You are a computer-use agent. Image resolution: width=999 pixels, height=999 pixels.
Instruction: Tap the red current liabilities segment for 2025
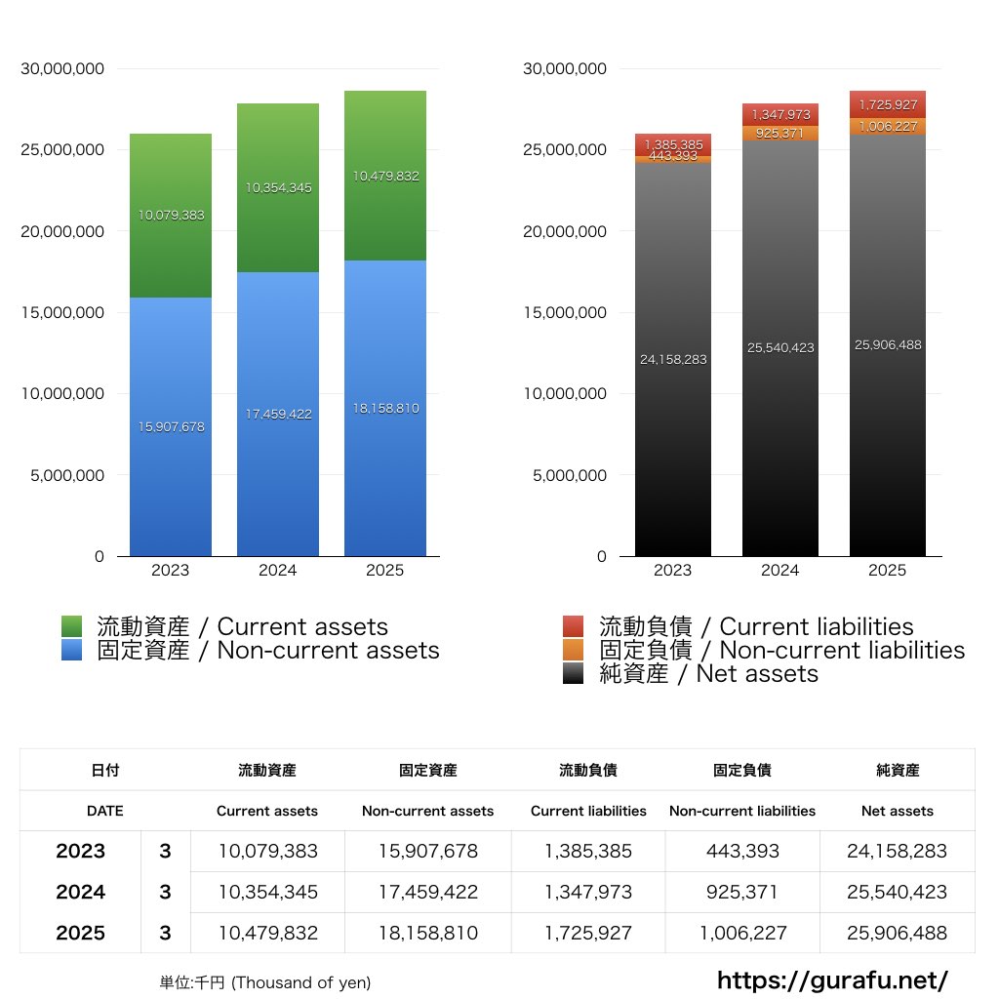[x=888, y=104]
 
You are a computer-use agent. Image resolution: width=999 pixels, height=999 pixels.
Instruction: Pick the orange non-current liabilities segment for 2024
[x=780, y=134]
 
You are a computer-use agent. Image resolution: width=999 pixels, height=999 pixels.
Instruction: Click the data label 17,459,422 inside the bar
[x=278, y=414]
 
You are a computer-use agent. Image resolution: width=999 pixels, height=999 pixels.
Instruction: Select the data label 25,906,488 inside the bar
[x=888, y=344]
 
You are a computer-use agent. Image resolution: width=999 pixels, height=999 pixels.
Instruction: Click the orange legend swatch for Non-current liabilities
[x=574, y=651]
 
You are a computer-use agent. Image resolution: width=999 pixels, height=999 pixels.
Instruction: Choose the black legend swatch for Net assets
[x=574, y=674]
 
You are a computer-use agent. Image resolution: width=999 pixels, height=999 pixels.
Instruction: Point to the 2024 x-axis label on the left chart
[x=278, y=571]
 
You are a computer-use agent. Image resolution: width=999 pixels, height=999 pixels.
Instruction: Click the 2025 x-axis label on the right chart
[x=888, y=571]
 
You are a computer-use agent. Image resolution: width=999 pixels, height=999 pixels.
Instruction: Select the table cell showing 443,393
[x=742, y=851]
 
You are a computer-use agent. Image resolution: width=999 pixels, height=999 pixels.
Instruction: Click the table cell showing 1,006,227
[x=742, y=933]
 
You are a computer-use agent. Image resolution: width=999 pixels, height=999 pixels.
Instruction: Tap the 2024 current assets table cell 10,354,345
[x=267, y=892]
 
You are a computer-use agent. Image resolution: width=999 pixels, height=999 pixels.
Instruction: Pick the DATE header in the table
[x=104, y=811]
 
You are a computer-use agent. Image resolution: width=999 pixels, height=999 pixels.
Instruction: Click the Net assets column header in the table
[x=898, y=811]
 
